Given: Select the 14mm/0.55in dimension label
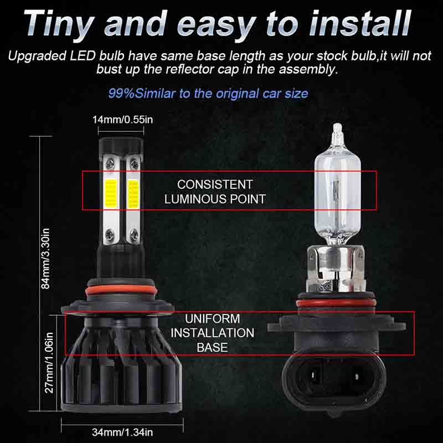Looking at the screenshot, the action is pos(122,120).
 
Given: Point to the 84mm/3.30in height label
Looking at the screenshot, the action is pos(46,259).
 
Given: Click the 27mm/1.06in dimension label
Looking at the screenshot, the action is pos(49,363).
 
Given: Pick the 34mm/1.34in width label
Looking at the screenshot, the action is pos(122,432).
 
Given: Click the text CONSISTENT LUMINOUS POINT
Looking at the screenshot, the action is pos(215,192).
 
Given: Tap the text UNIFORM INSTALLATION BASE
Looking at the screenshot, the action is pos(213,333).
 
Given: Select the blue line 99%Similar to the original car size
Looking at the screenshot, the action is pos(208,93).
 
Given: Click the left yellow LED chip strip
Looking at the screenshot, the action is pos(111,193).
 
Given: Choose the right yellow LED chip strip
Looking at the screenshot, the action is pos(133,194).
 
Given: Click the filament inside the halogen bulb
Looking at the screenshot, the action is pos(336,188).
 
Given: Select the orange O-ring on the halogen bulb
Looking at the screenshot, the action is pos(336,303).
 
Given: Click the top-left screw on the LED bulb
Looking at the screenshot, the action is pos(110,163).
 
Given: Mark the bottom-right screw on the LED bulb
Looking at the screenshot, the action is pos(133,234).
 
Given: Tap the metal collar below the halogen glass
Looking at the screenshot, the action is pos(336,269).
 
